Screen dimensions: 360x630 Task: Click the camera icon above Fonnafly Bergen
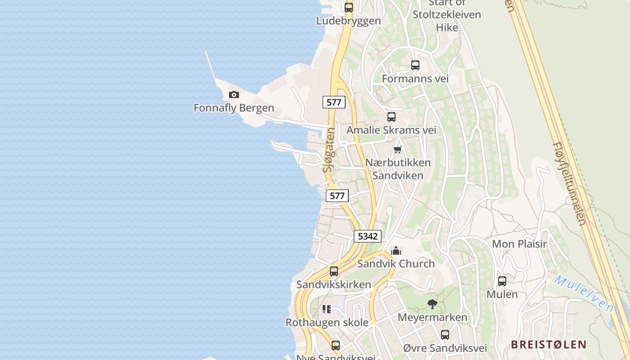[234, 94]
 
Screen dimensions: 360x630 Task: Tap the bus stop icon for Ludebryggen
[349, 7]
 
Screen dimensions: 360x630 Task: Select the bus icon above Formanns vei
[415, 65]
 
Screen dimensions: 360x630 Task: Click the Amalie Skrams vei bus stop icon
[391, 117]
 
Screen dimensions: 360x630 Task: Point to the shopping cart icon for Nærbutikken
[397, 149]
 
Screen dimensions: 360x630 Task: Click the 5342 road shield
[368, 236]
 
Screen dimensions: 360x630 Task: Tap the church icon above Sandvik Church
[396, 251]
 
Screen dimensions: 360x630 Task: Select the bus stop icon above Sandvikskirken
[334, 271]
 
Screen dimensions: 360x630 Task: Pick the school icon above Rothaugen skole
[327, 309]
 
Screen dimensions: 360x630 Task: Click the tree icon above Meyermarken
[432, 304]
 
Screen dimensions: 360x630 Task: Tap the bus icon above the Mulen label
[502, 281]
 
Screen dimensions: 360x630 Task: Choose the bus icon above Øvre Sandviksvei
[445, 335]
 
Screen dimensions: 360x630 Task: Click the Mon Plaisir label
[519, 244]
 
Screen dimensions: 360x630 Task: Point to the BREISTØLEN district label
[549, 345]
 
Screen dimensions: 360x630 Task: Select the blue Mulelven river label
[584, 294]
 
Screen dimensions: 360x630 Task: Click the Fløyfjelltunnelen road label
[570, 184]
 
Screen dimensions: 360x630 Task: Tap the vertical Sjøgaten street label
[329, 150]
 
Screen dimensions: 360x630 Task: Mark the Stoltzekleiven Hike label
[447, 15]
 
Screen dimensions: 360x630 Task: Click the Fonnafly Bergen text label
[234, 108]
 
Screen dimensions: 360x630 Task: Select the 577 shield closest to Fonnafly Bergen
[334, 102]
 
